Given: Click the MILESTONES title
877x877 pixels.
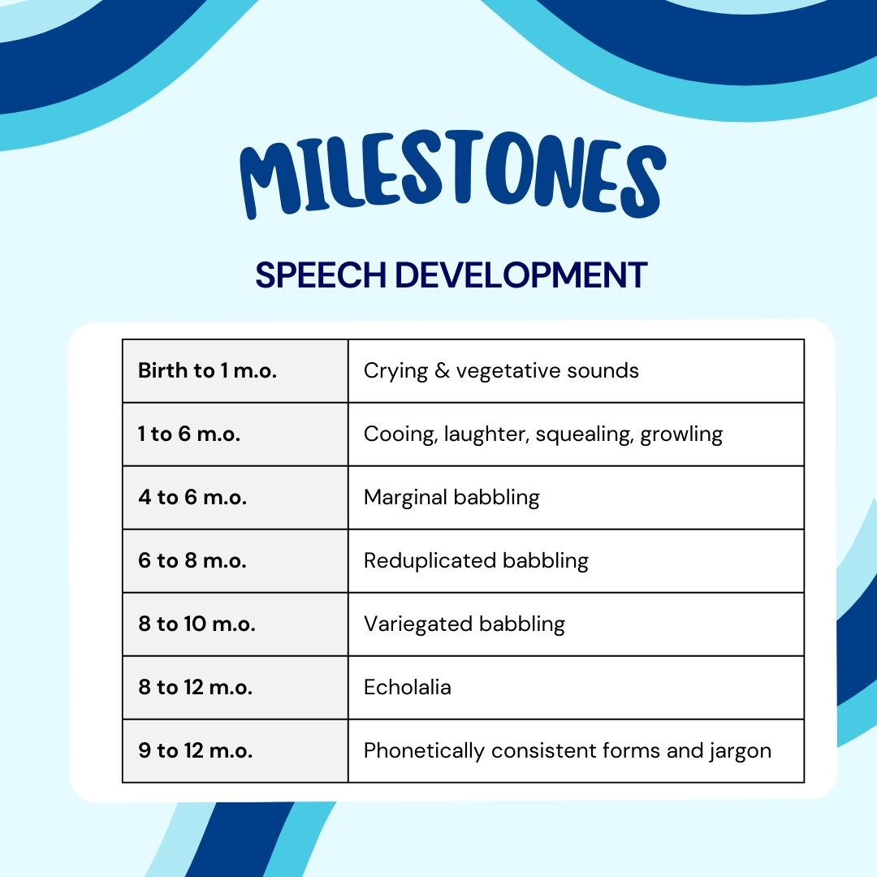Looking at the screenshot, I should click(x=452, y=179).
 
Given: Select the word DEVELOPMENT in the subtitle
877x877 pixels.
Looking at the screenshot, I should click(x=521, y=275).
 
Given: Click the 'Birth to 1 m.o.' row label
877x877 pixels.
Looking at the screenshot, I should click(x=207, y=371).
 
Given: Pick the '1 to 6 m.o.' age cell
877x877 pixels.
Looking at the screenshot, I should click(x=189, y=434).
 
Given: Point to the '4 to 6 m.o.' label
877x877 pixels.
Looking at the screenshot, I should click(x=192, y=497).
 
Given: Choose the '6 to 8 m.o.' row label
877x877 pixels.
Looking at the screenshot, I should click(x=192, y=560).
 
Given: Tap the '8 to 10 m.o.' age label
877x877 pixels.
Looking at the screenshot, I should click(x=197, y=624).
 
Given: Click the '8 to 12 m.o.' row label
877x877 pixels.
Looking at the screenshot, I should click(x=195, y=687).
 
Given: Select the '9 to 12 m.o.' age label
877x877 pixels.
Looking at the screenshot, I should click(x=195, y=750).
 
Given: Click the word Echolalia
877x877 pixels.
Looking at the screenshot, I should click(x=408, y=687).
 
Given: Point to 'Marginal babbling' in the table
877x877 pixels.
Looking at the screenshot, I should click(x=451, y=497).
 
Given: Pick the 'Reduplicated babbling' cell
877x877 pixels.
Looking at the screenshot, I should click(x=476, y=560).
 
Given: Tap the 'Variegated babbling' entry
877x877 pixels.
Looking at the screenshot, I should click(x=464, y=624).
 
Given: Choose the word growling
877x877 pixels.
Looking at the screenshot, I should click(x=681, y=435).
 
